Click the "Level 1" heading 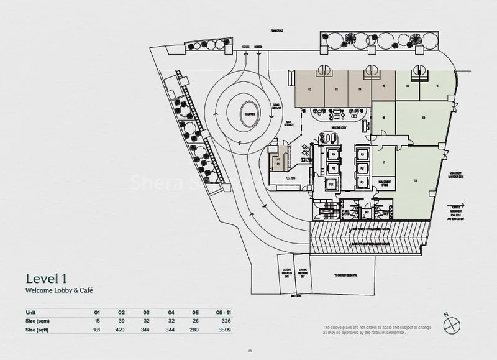(47, 277)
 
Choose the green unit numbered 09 (422, 118)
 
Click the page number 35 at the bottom (249, 350)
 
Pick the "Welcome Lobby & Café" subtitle (54, 290)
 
